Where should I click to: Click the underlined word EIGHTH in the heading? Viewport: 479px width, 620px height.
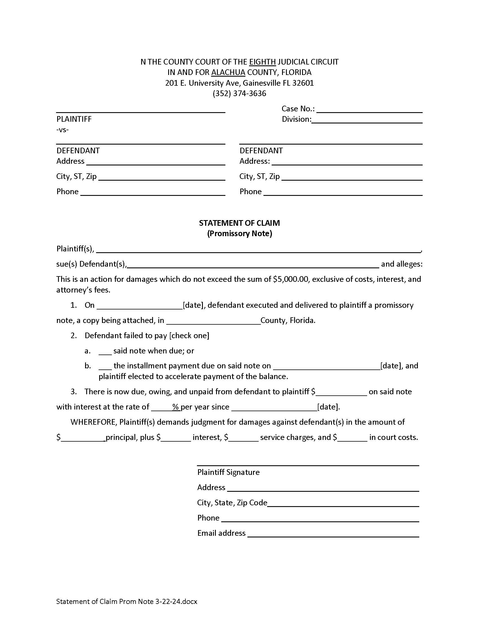pos(262,62)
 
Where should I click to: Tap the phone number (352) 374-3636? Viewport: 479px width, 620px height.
pos(239,93)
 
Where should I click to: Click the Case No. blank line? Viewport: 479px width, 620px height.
pos(369,110)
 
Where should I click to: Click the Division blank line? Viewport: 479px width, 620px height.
pos(367,120)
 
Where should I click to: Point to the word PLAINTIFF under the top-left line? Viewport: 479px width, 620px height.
pos(74,119)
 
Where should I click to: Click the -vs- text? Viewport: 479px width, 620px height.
pos(63,130)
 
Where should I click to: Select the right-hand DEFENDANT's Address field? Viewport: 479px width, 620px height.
pos(347,162)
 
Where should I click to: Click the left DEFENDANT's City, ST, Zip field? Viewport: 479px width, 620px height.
pos(161,177)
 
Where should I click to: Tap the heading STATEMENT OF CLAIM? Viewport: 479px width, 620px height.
pos(239,223)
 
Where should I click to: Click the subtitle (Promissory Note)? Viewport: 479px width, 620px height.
pos(239,233)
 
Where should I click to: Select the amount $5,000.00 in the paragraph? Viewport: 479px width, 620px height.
pos(290,279)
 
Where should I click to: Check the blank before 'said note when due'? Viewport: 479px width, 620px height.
pos(105,351)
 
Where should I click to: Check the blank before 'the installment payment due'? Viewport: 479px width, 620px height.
pos(105,366)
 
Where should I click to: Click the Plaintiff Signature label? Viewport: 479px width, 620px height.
pos(228,472)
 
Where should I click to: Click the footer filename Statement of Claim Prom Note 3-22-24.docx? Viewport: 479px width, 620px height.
pos(127,601)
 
